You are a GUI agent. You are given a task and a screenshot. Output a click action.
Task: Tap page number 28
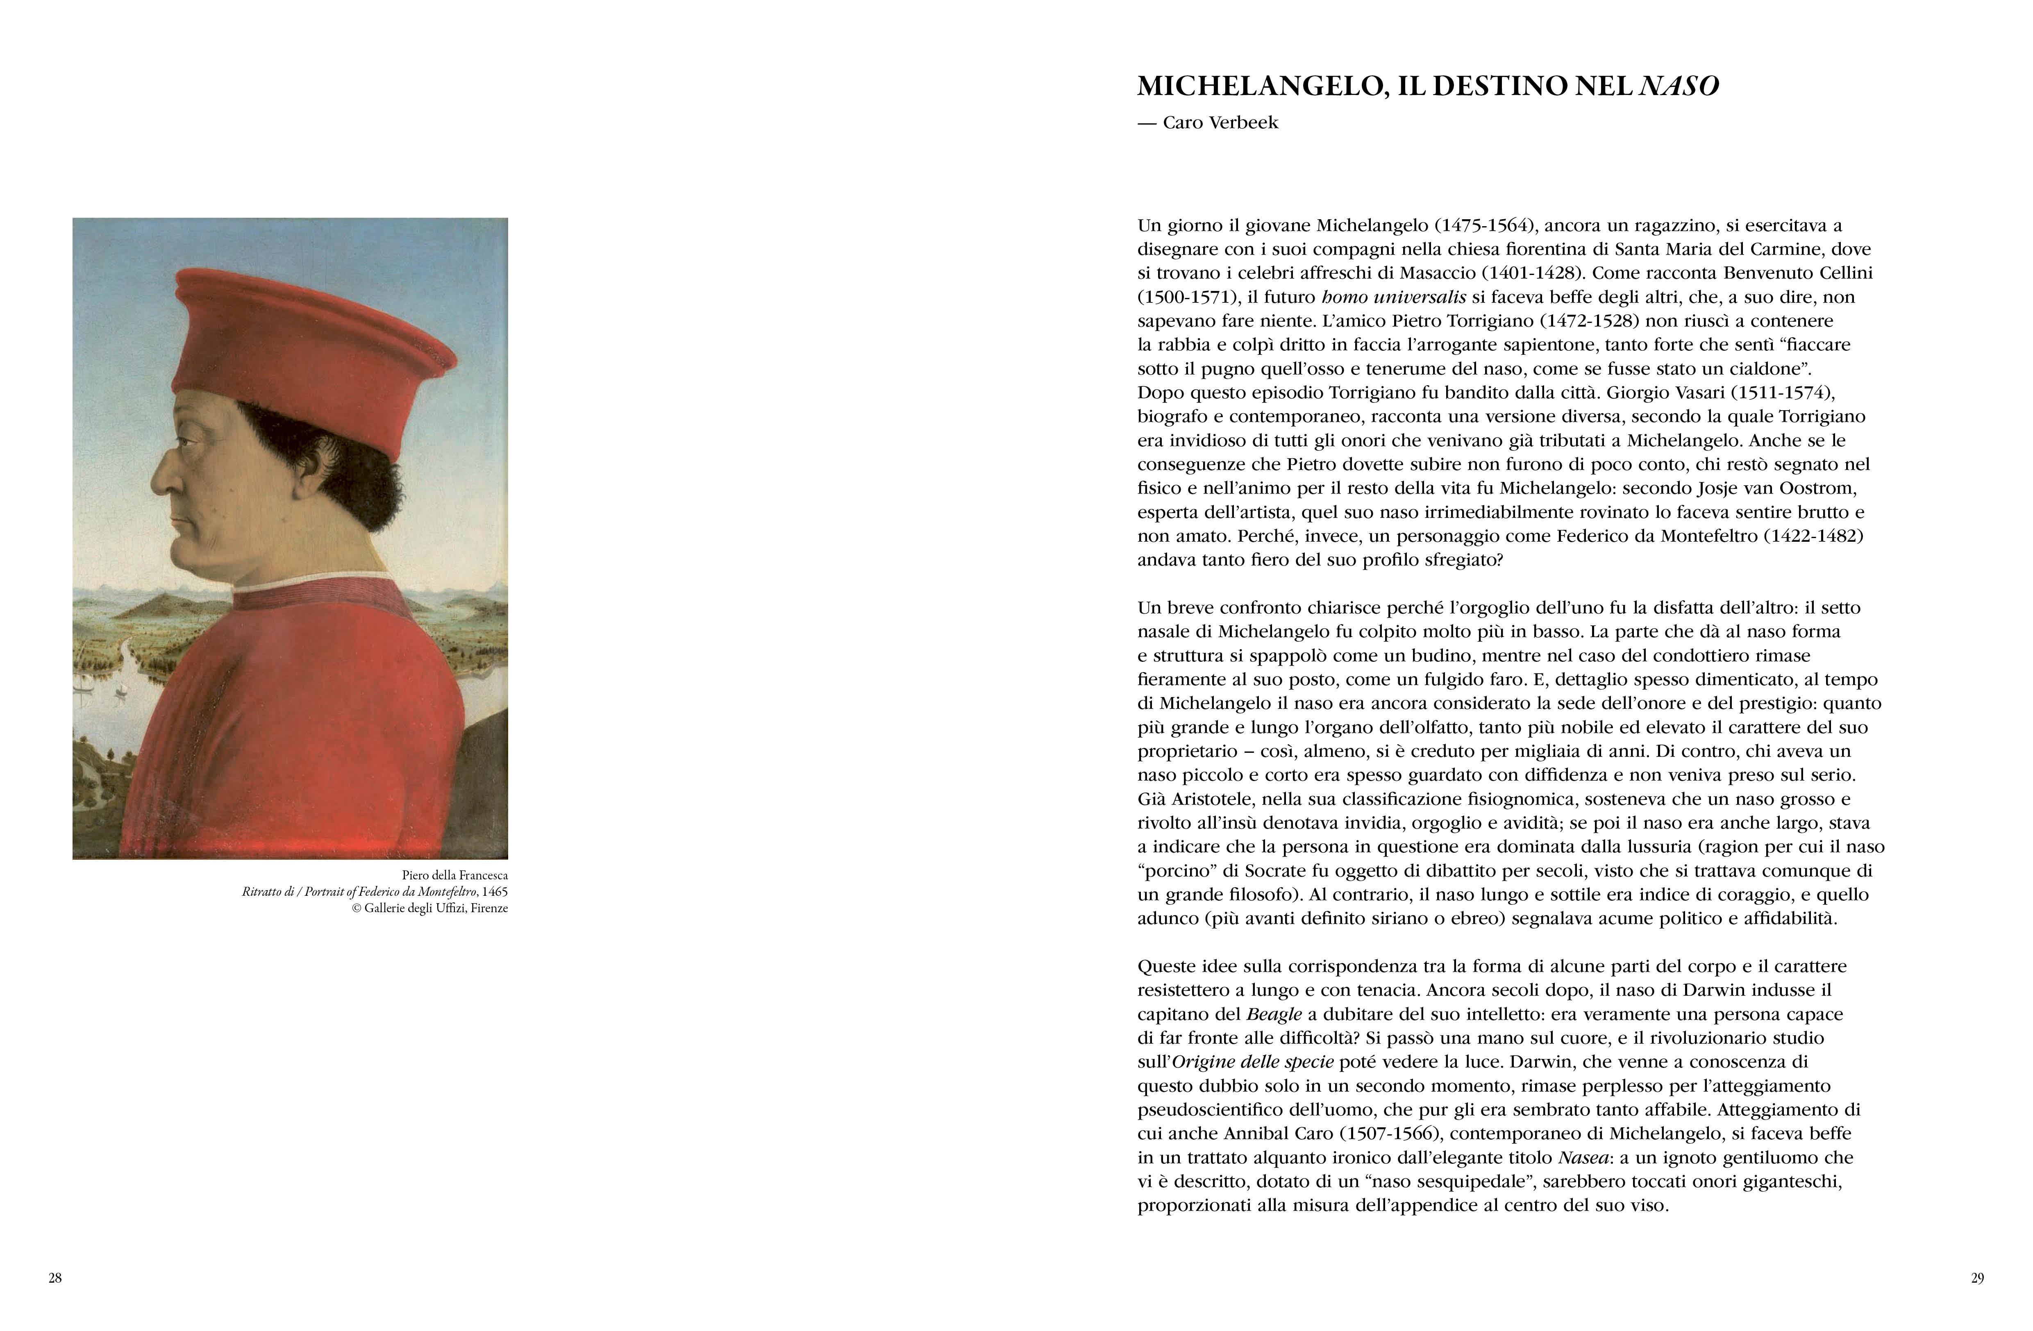pos(55,1278)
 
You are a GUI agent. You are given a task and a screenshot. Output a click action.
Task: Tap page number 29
pos(1976,1278)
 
